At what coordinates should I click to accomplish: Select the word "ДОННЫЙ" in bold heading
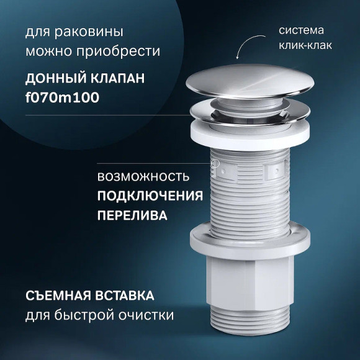(60, 79)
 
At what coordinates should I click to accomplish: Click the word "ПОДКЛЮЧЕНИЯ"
(150, 196)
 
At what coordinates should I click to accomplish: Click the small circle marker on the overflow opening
(217, 164)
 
